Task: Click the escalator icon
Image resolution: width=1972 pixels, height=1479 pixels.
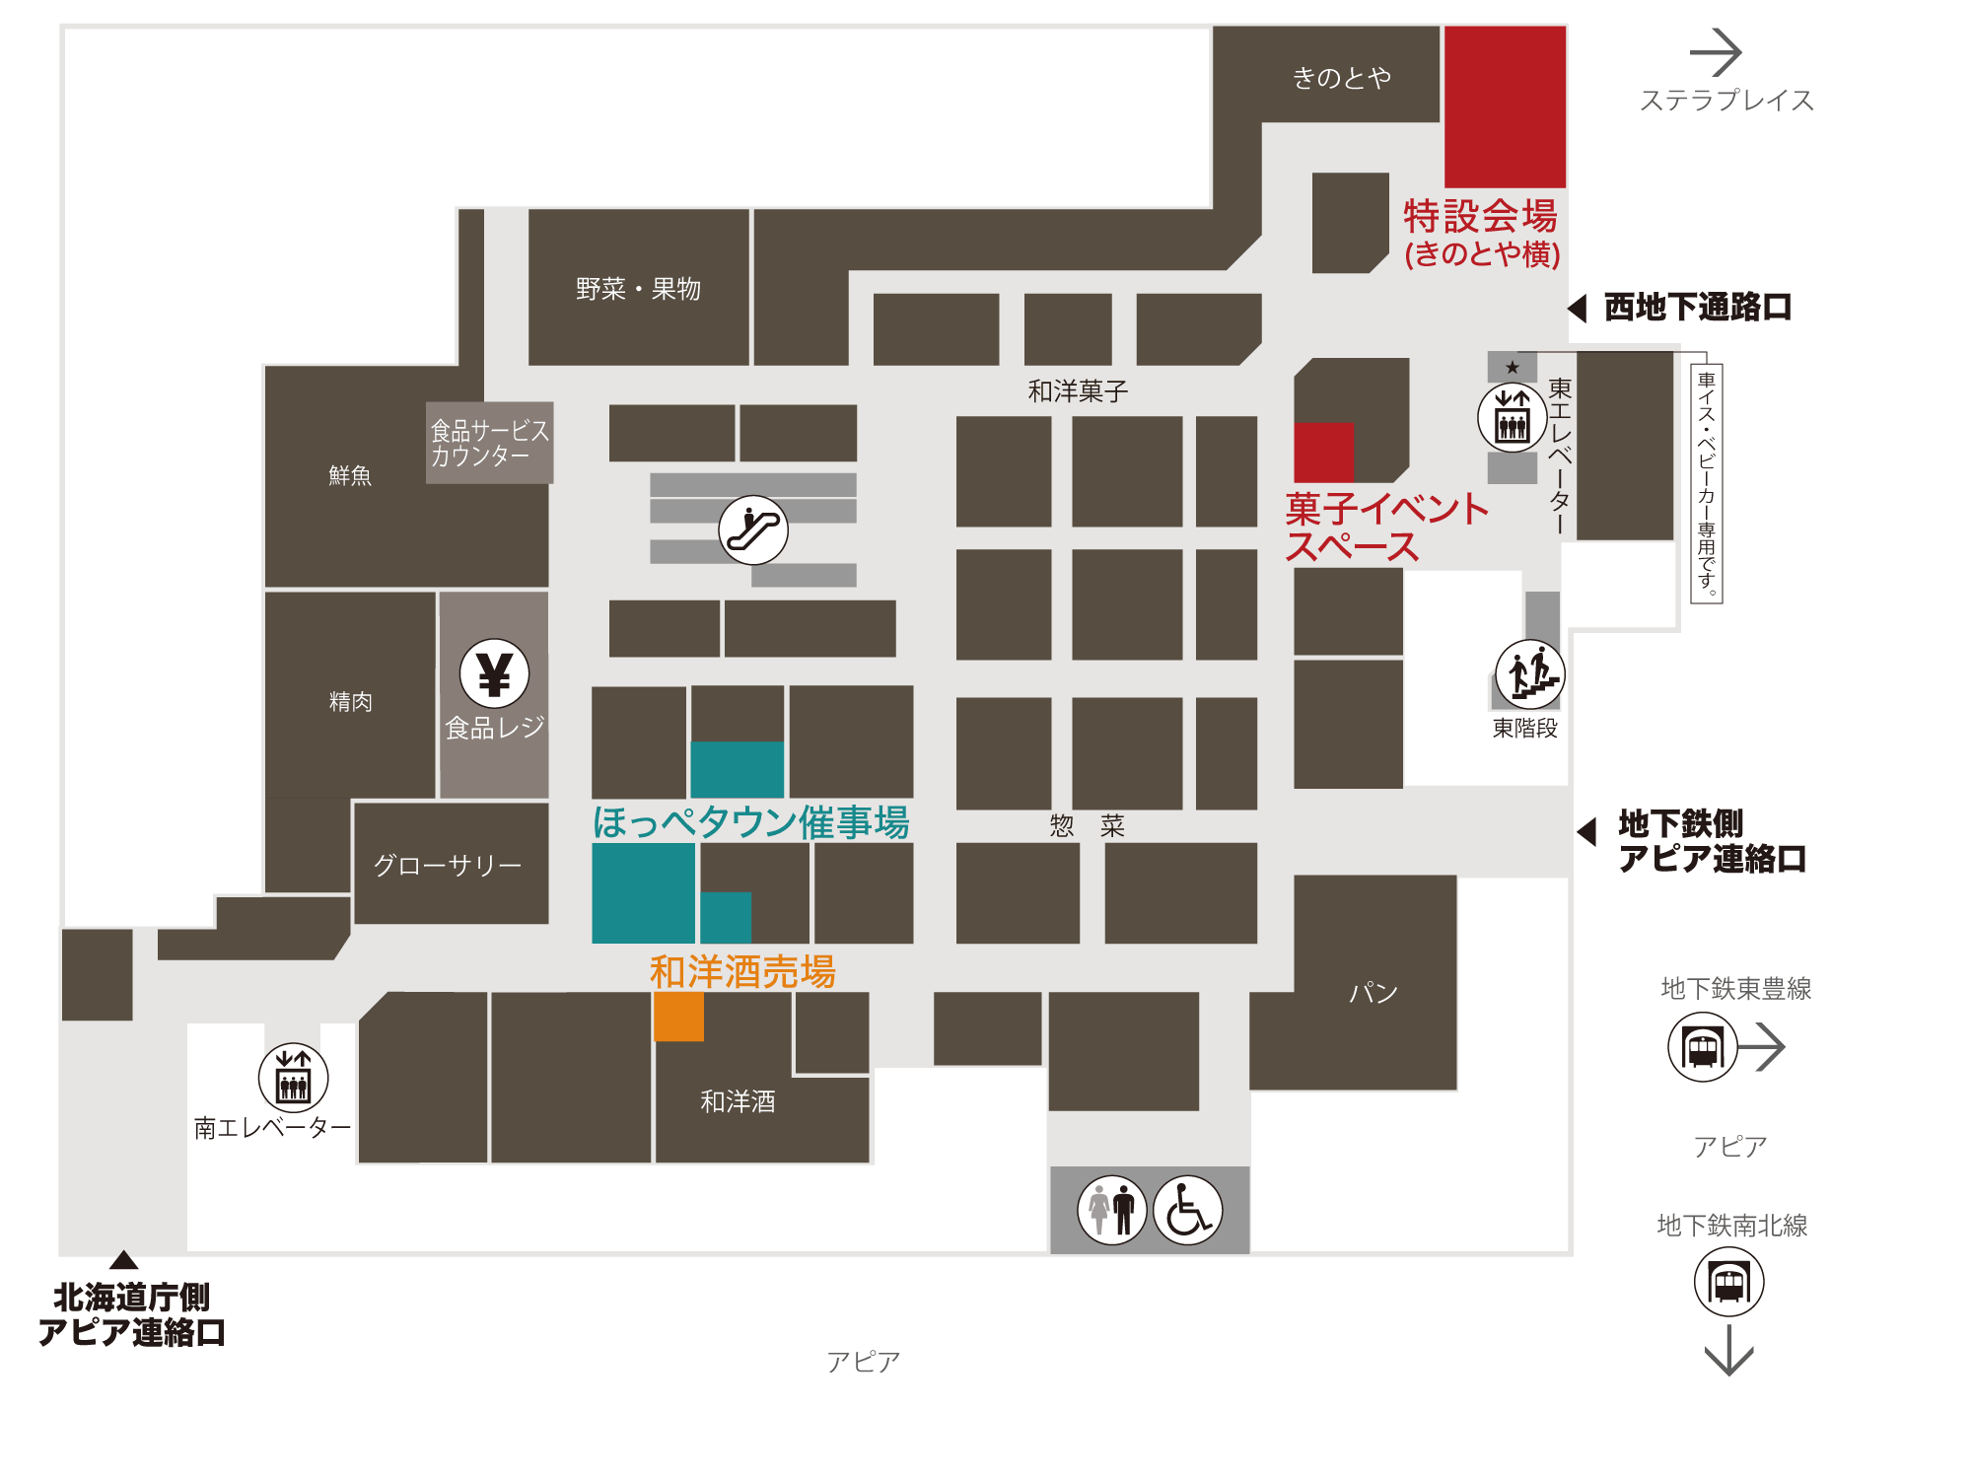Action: click(x=753, y=529)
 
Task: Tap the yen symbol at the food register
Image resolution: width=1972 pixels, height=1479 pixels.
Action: click(x=494, y=674)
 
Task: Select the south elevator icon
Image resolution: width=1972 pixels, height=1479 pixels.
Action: click(x=293, y=1078)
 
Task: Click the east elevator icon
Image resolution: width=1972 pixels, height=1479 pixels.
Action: click(x=1512, y=417)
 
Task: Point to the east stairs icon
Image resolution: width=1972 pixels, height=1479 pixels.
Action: click(x=1529, y=674)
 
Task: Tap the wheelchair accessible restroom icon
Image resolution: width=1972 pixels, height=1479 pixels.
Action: click(x=1188, y=1210)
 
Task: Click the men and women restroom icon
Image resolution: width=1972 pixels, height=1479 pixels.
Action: click(x=1112, y=1210)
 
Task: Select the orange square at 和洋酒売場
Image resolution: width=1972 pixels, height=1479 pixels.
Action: click(x=678, y=1017)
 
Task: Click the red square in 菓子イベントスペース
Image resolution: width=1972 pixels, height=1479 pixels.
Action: click(x=1323, y=453)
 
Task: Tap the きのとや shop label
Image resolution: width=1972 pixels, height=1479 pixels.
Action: click(x=1341, y=77)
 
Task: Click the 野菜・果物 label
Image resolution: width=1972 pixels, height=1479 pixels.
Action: click(x=638, y=289)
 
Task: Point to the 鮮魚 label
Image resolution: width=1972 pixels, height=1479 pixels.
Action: click(x=350, y=475)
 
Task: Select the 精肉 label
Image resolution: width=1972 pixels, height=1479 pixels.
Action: click(x=350, y=701)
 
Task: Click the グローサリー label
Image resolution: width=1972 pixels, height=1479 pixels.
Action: click(x=448, y=865)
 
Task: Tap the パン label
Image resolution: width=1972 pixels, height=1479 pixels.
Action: click(x=1373, y=992)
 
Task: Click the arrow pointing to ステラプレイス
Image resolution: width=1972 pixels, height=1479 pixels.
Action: click(x=1716, y=52)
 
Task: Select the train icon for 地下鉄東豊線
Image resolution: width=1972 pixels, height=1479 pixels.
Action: click(x=1702, y=1047)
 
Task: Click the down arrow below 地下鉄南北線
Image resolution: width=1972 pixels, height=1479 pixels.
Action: click(x=1728, y=1351)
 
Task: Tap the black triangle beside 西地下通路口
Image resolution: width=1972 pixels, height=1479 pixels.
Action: click(x=1578, y=308)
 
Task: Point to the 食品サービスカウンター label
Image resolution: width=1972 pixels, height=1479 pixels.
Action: click(x=489, y=443)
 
